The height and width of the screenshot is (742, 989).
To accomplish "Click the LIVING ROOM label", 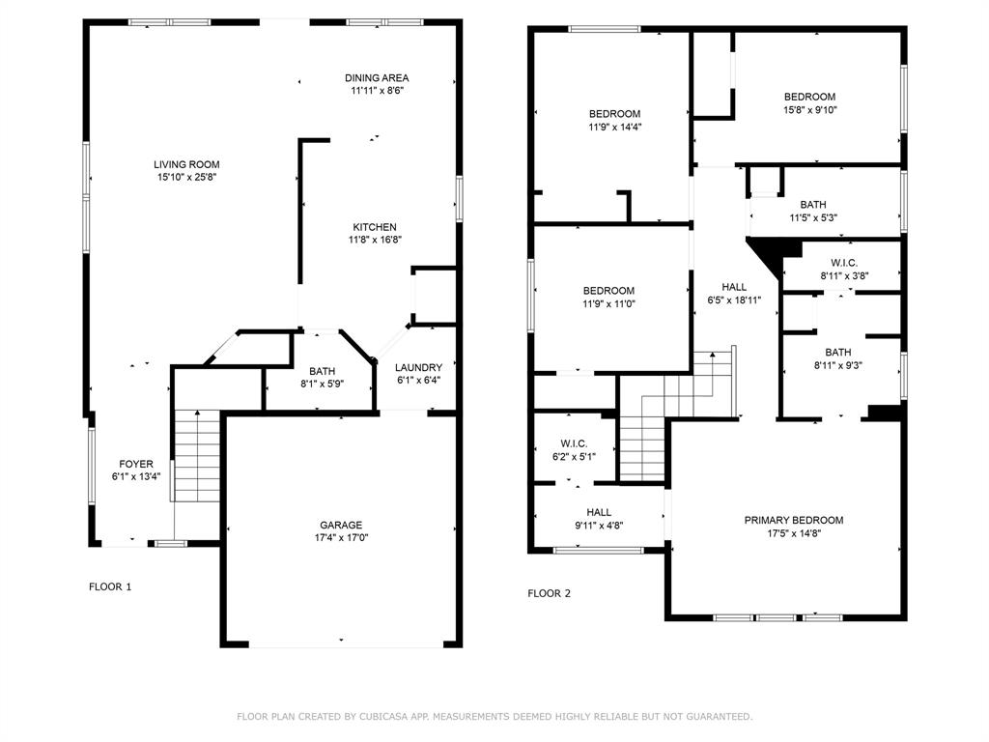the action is pos(186,164).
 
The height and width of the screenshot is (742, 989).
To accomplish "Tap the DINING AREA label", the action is pos(377,78).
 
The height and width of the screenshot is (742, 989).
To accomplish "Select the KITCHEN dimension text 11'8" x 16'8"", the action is pos(375,240).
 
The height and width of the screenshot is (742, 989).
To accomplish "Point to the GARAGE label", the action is pos(341,525).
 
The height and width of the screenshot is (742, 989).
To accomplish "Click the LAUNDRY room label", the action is pos(419,368).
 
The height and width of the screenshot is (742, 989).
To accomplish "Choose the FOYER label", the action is pos(136,465).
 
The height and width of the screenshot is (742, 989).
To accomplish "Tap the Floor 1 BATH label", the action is pos(323,372).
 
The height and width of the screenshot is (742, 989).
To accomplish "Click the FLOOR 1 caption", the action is pos(110,586).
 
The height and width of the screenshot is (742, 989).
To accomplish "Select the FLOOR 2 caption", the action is pos(550,593).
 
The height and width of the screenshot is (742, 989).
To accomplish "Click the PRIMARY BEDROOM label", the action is pos(794,521).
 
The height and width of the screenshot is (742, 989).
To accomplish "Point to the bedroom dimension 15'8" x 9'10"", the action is pos(810,110).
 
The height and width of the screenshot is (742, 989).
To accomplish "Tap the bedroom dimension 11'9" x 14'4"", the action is pos(615,127).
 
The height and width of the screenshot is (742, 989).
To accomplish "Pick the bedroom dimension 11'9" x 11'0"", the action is pos(608,303).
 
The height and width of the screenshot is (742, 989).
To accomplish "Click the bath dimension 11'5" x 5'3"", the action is pos(813,217).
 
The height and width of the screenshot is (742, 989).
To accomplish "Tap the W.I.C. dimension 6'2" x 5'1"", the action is pos(574,457).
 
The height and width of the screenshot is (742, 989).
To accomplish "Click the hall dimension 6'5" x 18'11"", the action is pos(734,300).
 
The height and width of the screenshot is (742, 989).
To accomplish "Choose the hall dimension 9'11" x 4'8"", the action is pos(599,525).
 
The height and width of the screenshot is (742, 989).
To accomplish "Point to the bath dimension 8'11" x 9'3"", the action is pos(838,365).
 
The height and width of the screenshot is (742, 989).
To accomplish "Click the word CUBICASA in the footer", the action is pos(383,717).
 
